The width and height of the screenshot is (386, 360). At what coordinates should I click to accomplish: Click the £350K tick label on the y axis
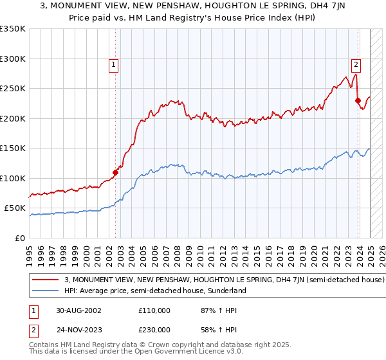pos(13,29)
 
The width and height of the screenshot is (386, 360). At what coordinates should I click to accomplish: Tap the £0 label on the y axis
pos(20,238)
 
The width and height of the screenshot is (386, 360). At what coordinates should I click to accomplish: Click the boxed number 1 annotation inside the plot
pos(113,64)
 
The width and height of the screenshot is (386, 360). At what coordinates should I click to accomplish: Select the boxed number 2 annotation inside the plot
pos(356,64)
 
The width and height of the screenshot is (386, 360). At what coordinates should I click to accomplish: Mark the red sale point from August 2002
pos(116,172)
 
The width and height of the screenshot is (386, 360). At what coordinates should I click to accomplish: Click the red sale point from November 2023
pos(357,100)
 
